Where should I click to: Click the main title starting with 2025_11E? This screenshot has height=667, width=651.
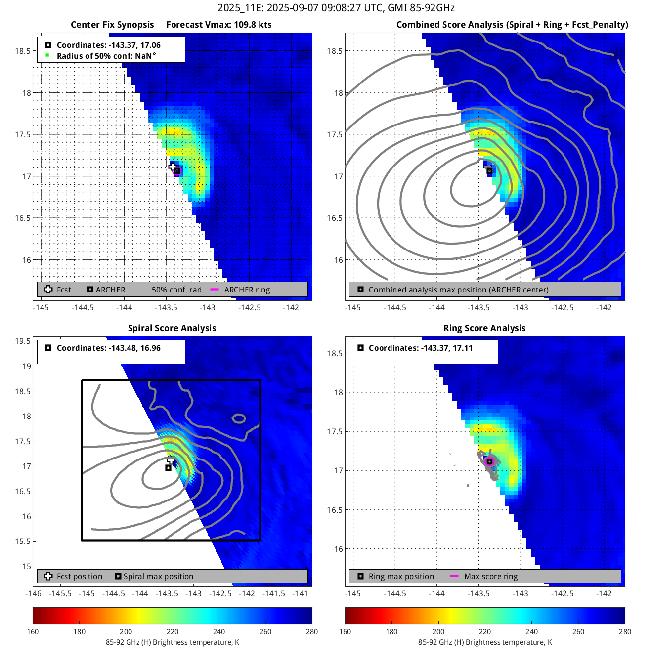tap(336, 8)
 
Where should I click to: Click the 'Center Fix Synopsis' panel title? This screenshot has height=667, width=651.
tap(112, 25)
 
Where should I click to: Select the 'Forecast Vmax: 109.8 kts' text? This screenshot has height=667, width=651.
tap(218, 25)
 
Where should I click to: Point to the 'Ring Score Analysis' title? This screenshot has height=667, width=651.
tap(484, 328)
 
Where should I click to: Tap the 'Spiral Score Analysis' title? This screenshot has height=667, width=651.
tap(172, 328)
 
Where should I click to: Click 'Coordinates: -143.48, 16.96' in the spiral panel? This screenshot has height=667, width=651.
tap(108, 348)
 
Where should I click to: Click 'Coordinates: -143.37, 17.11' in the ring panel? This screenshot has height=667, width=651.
tap(420, 348)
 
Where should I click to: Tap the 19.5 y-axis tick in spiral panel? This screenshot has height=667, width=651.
tap(23, 341)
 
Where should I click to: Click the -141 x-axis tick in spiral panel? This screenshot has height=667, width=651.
tap(300, 593)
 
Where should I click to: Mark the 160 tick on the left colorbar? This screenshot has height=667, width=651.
tap(33, 631)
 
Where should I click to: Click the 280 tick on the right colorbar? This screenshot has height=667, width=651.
tap(625, 631)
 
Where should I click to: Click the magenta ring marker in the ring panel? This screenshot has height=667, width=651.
tap(489, 461)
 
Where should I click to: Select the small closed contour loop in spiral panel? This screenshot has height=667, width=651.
tap(239, 418)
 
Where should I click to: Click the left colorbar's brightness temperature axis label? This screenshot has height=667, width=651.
tap(172, 642)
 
